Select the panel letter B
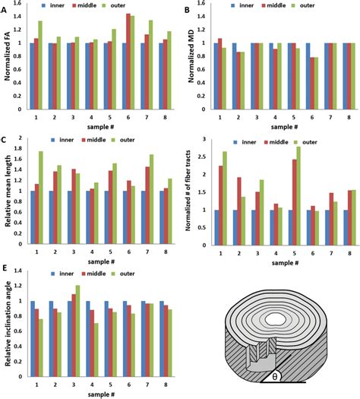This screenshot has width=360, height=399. [x=187, y=7]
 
